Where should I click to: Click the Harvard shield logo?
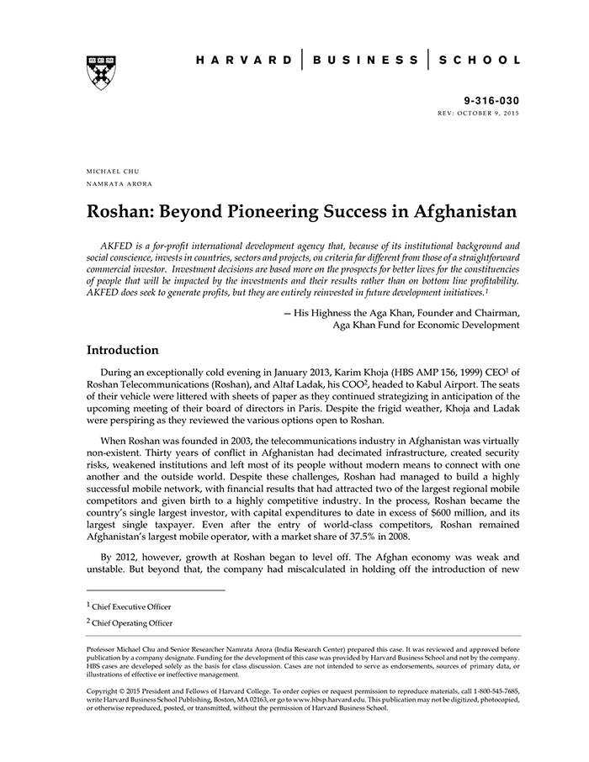tap(101, 72)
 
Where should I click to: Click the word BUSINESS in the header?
tap(365, 60)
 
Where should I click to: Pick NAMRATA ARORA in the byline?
tap(119, 183)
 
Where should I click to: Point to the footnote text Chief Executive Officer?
tap(133, 606)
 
